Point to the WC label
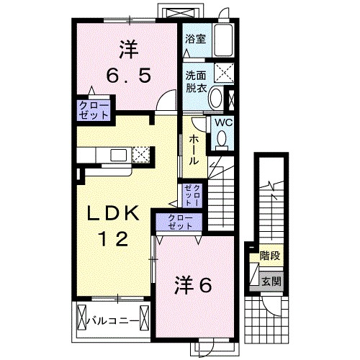tap(222, 122)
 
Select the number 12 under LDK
tap(113, 238)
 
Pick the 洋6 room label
tap(192, 286)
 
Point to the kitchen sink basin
tap(117, 154)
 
